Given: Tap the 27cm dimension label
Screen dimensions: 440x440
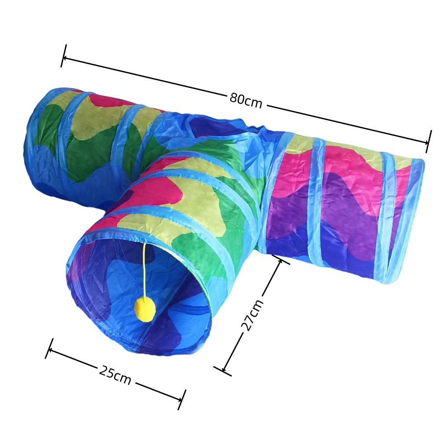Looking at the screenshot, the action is [x=252, y=315].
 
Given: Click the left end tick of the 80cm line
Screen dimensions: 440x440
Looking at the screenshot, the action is [x=64, y=56].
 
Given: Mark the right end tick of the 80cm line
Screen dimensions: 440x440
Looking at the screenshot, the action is [x=428, y=141].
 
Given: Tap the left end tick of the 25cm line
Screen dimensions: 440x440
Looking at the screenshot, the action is [x=49, y=348].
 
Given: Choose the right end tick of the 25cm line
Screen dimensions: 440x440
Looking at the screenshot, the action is [x=182, y=400].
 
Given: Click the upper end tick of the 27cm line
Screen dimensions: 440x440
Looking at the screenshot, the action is [x=281, y=260].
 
